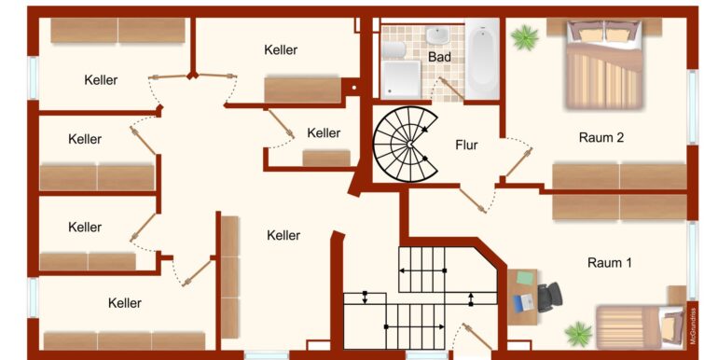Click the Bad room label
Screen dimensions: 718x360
[x=439, y=57]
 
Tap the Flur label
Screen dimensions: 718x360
[x=466, y=145]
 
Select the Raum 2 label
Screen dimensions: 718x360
[x=601, y=137]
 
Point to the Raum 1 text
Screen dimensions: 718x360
[x=610, y=263]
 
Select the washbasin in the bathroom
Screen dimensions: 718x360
[x=438, y=35]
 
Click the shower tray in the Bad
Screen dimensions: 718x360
[x=401, y=79]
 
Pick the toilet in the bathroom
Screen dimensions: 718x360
[x=394, y=49]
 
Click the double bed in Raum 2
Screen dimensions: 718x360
[x=604, y=64]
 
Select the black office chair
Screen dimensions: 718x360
[x=549, y=298]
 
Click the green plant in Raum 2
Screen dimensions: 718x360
[x=525, y=37]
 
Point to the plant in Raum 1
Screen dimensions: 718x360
[x=578, y=334]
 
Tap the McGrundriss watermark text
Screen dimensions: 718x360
[x=693, y=325]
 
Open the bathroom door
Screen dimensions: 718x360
[x=452, y=89]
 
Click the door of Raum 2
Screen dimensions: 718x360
[x=518, y=162]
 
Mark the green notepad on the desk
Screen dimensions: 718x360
[x=526, y=278]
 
